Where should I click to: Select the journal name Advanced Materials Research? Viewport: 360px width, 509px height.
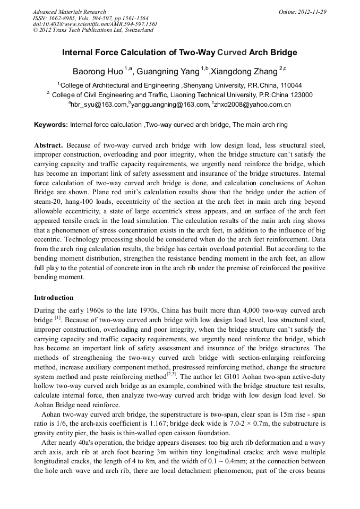[x=70, y=12]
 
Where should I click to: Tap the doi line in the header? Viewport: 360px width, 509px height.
[x=95, y=24]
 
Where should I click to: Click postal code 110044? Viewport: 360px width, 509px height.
[x=291, y=85]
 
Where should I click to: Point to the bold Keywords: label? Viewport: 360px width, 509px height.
[x=51, y=125]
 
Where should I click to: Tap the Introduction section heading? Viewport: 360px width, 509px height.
[x=54, y=297]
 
